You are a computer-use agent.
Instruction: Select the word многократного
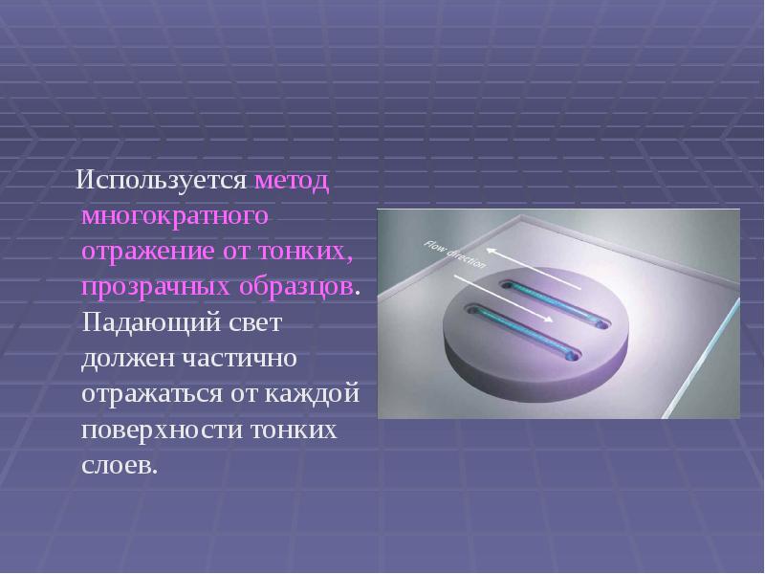173,217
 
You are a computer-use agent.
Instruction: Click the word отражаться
150,394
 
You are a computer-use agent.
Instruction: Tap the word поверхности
160,430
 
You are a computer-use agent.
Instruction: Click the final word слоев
118,465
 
